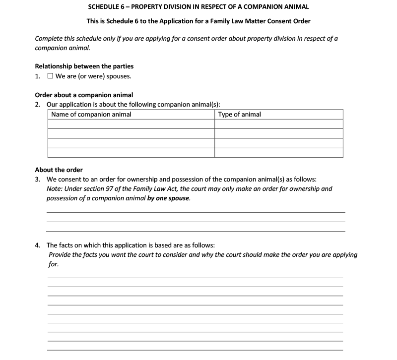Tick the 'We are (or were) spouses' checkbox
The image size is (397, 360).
[50, 76]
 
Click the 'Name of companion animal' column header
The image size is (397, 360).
[91, 115]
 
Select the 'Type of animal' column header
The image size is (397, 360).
[240, 115]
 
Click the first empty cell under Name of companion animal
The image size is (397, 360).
[132, 124]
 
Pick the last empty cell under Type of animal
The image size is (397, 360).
[279, 153]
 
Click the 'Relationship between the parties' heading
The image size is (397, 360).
[84, 66]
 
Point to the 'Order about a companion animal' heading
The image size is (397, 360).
[84, 95]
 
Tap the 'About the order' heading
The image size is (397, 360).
[59, 170]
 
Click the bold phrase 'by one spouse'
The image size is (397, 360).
[169, 198]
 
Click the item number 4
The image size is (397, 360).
[37, 245]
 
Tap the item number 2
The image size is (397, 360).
[37, 105]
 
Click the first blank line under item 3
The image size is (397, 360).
[196, 212]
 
